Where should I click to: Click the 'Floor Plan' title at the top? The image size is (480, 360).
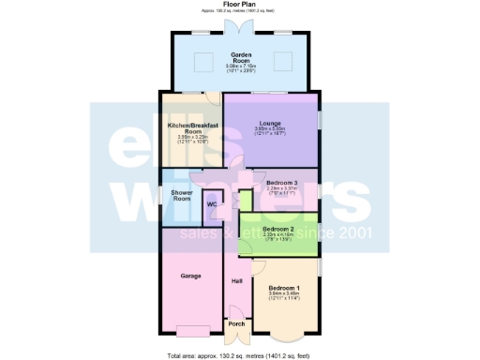(x=239, y=4)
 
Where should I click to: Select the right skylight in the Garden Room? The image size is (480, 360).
(x=280, y=64)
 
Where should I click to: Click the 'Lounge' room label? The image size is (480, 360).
(x=270, y=123)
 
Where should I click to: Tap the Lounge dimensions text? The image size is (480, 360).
(x=270, y=131)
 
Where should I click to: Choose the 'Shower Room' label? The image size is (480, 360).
(x=181, y=196)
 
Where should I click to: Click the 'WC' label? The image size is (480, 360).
(x=212, y=203)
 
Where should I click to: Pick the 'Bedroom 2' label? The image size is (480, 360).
(x=278, y=229)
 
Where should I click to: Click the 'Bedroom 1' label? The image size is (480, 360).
(x=284, y=287)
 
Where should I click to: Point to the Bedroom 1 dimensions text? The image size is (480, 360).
(x=284, y=297)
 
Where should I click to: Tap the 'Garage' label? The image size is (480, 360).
(x=190, y=276)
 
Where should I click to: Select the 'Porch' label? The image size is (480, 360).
(x=237, y=325)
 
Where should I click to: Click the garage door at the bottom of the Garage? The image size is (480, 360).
(x=192, y=330)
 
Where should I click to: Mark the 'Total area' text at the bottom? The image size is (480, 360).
(x=240, y=355)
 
